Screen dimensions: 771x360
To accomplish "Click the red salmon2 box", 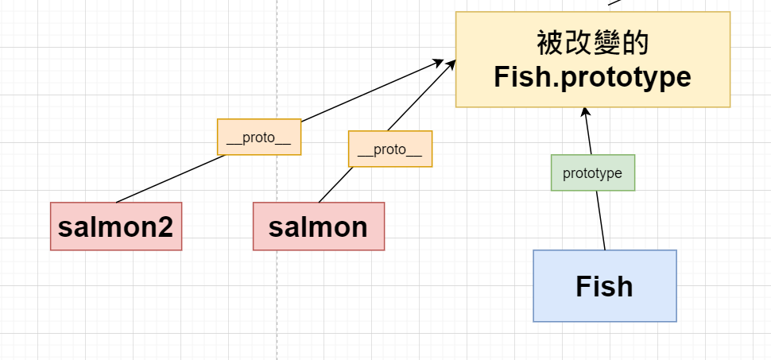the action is coord(116,226).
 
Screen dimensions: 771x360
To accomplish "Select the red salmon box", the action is coord(319,226).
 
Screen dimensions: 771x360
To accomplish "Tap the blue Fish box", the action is coord(605,286).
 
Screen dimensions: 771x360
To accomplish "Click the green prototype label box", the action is coord(592,172).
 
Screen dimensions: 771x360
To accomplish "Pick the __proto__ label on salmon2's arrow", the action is coord(259,137).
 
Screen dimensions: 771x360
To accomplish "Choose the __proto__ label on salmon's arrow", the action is coord(390,149).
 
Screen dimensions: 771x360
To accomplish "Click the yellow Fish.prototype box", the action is coord(593,59).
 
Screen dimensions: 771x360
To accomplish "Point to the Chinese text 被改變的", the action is coord(592,43).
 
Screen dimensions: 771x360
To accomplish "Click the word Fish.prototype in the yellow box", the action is coord(592,77).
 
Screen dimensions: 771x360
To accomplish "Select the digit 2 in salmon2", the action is coord(165,226).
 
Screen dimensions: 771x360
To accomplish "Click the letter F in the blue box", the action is coord(583,286).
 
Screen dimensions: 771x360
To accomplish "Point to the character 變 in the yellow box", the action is coord(606,43).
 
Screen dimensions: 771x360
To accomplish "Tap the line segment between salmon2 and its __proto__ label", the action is coord(171,179).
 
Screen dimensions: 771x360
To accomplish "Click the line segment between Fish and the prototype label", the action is coord(601,220).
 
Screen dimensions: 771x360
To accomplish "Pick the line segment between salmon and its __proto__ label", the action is coord(336,184).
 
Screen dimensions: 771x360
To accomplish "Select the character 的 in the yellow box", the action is coord(635,43).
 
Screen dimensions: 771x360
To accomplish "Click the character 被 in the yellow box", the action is coord(550,43).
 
